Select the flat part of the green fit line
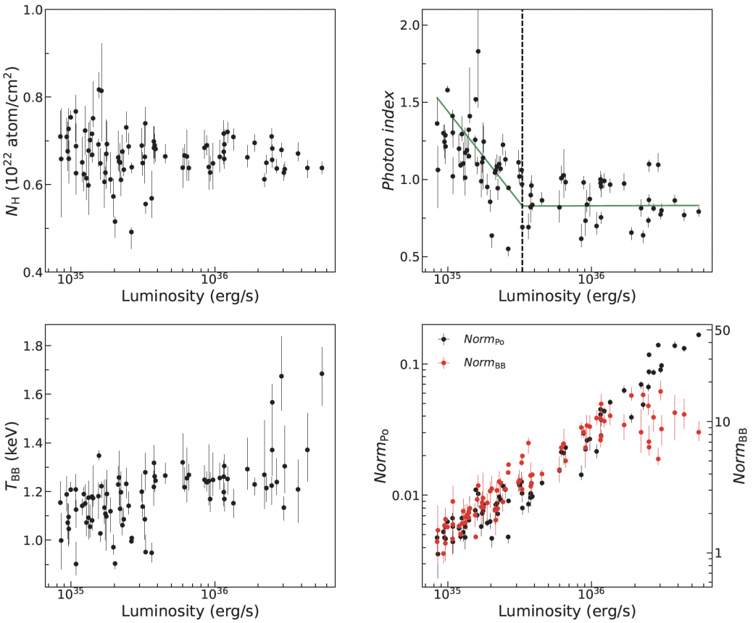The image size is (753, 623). pos(616,206)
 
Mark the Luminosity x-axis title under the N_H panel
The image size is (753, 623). pos(191,296)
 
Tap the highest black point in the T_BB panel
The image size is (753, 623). pos(322,374)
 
